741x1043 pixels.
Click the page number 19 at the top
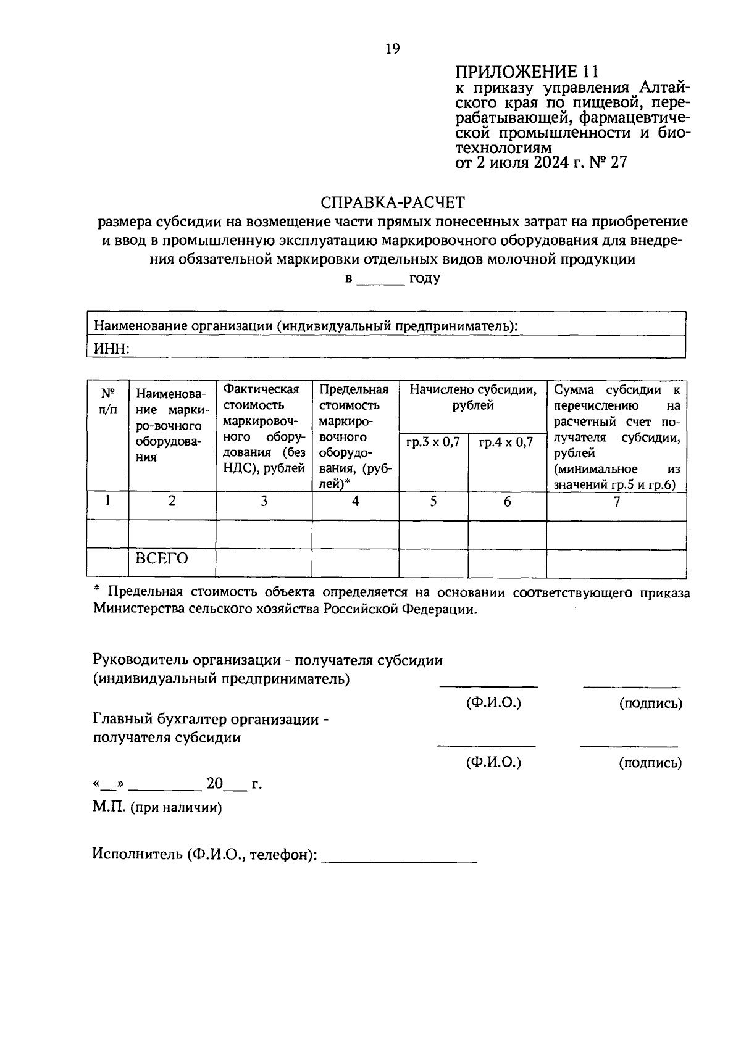tap(392, 49)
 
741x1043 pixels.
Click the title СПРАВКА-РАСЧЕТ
tap(392, 202)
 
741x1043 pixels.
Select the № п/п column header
tap(108, 401)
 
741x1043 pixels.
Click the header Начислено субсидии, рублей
tap(472, 397)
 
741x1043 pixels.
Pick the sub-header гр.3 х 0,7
tap(433, 443)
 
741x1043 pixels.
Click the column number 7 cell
tap(616, 501)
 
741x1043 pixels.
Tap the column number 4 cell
tap(355, 501)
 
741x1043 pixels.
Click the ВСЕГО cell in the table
tap(162, 559)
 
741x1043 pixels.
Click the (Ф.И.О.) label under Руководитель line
tap(493, 702)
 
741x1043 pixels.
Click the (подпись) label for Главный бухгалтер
tap(650, 763)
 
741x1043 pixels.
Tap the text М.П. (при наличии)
tap(157, 807)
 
